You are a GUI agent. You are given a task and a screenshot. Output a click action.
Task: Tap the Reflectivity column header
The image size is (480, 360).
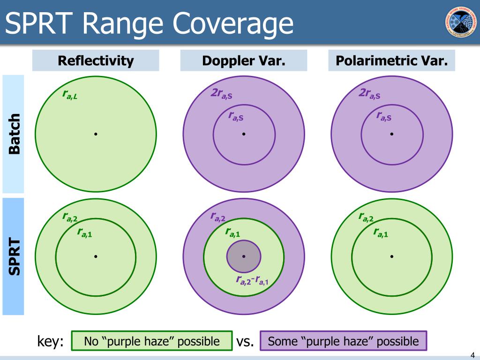(x=96, y=60)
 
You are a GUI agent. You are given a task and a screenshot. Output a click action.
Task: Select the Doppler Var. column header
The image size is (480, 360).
(x=244, y=60)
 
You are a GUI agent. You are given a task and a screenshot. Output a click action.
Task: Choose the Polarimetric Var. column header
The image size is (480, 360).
(x=391, y=60)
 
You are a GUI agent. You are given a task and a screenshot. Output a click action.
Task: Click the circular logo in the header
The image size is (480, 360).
(x=459, y=22)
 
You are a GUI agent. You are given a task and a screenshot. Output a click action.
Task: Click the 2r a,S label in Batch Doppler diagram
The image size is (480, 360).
(x=221, y=94)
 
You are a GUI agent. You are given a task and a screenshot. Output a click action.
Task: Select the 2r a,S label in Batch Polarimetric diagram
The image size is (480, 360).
(x=369, y=94)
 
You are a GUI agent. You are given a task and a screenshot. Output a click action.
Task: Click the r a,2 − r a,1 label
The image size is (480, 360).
(x=252, y=281)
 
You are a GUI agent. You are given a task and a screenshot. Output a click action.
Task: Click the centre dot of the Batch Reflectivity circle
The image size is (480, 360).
(x=96, y=134)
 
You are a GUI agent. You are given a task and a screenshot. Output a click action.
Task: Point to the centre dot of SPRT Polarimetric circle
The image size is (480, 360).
(x=391, y=256)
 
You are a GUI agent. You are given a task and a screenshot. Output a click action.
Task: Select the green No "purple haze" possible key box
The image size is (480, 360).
(x=151, y=341)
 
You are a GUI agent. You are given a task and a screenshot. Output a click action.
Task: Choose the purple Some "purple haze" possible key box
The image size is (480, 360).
(x=343, y=341)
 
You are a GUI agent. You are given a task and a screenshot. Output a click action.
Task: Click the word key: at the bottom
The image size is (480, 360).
(x=50, y=342)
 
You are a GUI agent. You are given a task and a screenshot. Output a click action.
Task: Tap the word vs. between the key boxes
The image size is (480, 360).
(x=245, y=342)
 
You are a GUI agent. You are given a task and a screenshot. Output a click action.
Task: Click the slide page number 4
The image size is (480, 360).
(x=472, y=354)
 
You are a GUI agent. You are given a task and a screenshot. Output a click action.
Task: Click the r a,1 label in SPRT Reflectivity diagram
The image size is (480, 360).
(x=84, y=232)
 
